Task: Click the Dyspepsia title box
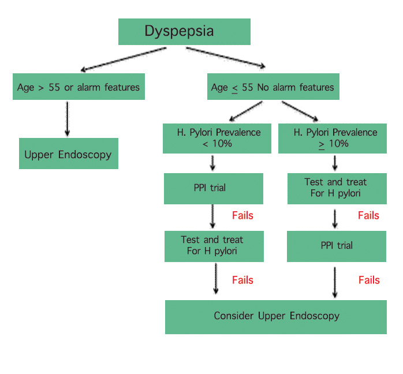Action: [184, 31]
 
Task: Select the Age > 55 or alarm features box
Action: [79, 88]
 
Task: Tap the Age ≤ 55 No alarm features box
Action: [273, 88]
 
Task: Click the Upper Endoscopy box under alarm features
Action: [68, 154]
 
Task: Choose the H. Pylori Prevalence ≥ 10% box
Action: [335, 138]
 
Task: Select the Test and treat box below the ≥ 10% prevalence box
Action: [335, 188]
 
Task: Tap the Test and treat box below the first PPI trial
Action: [213, 245]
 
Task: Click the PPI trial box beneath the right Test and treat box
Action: [337, 245]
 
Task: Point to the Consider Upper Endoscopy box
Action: [276, 316]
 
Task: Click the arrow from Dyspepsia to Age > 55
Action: [124, 59]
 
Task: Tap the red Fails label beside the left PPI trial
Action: [242, 216]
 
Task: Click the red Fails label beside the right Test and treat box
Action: [368, 216]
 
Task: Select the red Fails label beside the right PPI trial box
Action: [369, 280]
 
